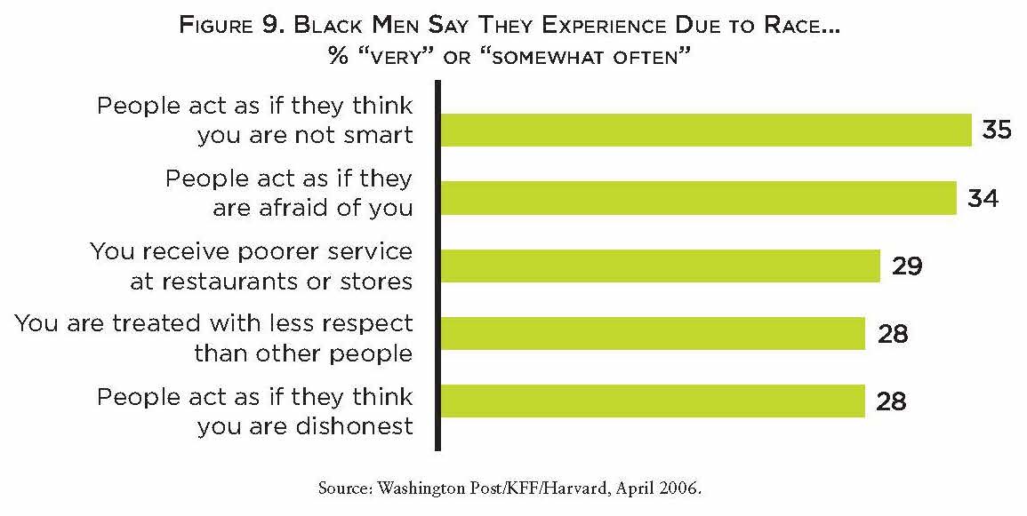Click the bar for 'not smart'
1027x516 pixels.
click(x=705, y=130)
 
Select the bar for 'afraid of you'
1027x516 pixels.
click(x=698, y=198)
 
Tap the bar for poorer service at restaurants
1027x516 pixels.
click(x=660, y=266)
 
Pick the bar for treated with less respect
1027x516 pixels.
click(x=653, y=333)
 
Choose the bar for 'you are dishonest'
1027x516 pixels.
click(x=653, y=401)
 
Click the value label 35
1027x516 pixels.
click(x=997, y=130)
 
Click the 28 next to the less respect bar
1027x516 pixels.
click(x=891, y=333)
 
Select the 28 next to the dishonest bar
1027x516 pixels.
click(x=891, y=401)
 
